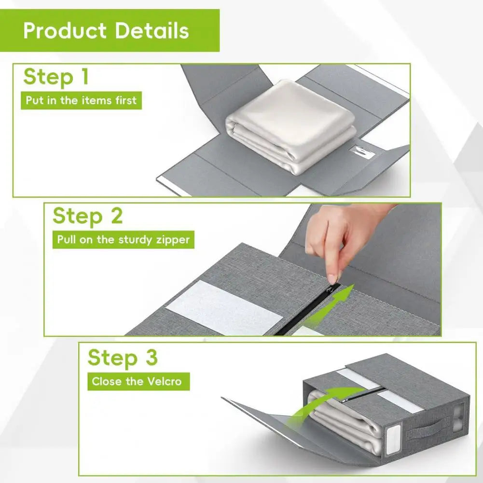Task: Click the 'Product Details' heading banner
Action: coord(110,30)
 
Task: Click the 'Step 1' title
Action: coord(56,77)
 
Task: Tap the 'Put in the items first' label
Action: coord(81,101)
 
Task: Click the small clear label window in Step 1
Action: coord(359,151)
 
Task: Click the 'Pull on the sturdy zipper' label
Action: coord(123,239)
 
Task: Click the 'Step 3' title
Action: coord(122,358)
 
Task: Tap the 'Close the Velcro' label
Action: coord(137,381)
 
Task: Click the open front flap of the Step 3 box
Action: coord(270,425)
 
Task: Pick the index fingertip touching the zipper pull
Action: coord(332,279)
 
